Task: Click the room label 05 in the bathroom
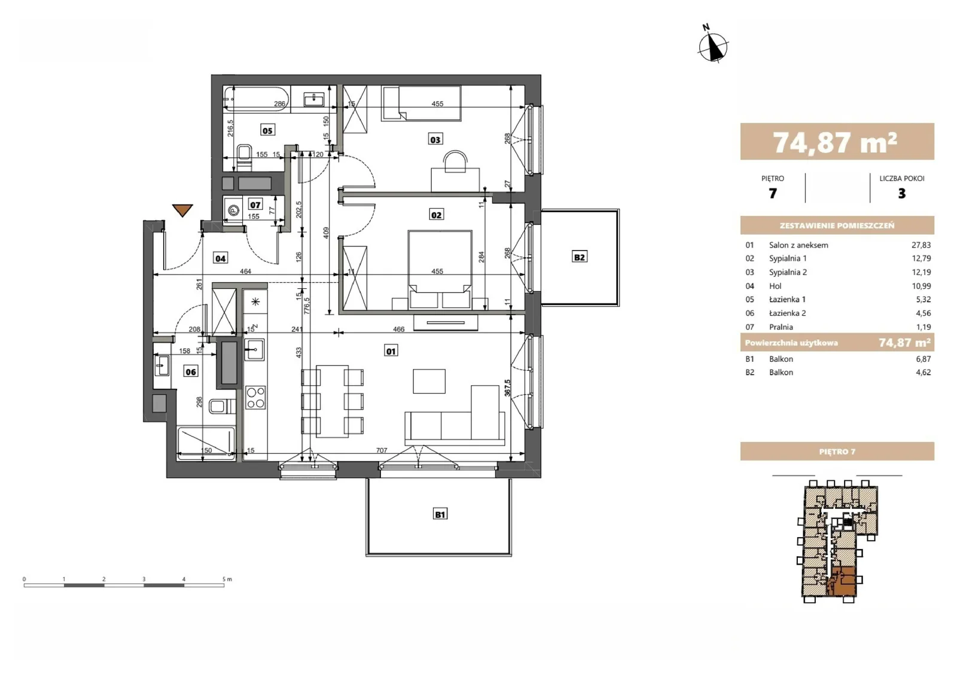pyautogui.click(x=267, y=130)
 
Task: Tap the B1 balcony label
pyautogui.click(x=440, y=514)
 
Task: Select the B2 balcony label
pyautogui.click(x=579, y=257)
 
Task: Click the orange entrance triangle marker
pyautogui.click(x=182, y=210)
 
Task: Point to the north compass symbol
pyautogui.click(x=712, y=44)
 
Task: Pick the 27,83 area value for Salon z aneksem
pyautogui.click(x=921, y=245)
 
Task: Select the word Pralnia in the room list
pyautogui.click(x=781, y=327)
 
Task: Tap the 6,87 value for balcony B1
pyautogui.click(x=923, y=359)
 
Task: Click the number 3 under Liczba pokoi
pyautogui.click(x=901, y=194)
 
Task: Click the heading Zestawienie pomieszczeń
pyautogui.click(x=837, y=225)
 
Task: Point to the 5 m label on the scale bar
pyautogui.click(x=227, y=579)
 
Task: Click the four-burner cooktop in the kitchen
pyautogui.click(x=255, y=398)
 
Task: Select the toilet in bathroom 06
pyautogui.click(x=222, y=405)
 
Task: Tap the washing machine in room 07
pyautogui.click(x=233, y=210)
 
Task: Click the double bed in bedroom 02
pyautogui.click(x=440, y=269)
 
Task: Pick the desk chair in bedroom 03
pyautogui.click(x=455, y=161)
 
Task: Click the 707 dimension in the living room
pyautogui.click(x=382, y=450)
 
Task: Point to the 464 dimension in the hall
pyautogui.click(x=245, y=272)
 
